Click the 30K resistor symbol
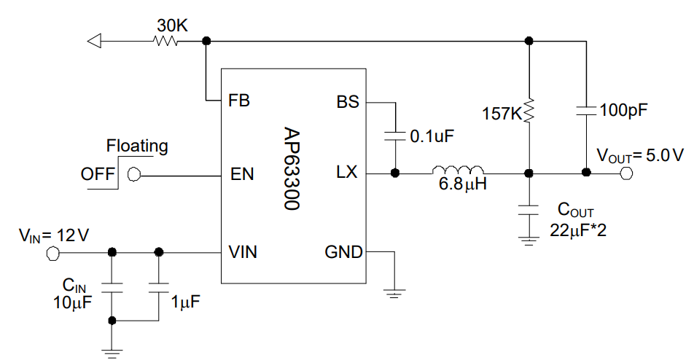pos(165,41)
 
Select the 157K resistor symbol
pos(529,111)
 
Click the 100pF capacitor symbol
pos(586,111)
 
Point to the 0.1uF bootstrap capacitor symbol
pos(394,136)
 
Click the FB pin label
pos(238,101)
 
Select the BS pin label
pos(348,101)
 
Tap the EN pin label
pos(241,174)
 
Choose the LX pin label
pos(347,173)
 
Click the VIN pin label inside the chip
pos(243,252)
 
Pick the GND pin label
pos(343,252)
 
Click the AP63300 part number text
pos(292,170)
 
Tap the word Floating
pos(137,146)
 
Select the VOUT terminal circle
pos(625,173)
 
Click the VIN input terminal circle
pos(52,252)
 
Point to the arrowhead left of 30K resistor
pos(93,41)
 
